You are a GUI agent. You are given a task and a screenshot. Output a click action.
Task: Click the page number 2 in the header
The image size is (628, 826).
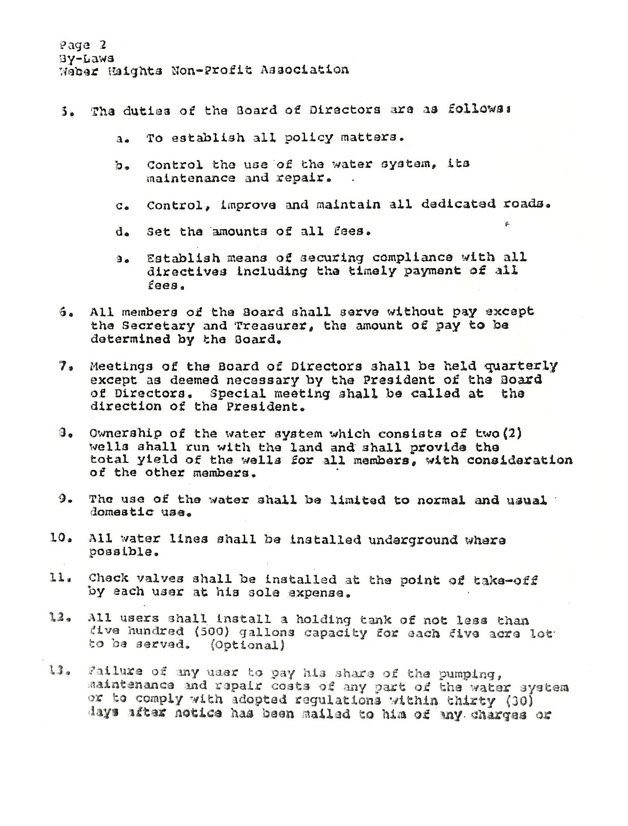103,45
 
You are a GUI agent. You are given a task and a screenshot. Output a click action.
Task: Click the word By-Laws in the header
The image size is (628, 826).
86,58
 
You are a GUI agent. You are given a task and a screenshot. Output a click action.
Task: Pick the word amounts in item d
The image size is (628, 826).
238,232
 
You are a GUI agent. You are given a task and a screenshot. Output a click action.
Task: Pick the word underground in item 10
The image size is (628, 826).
413,540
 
